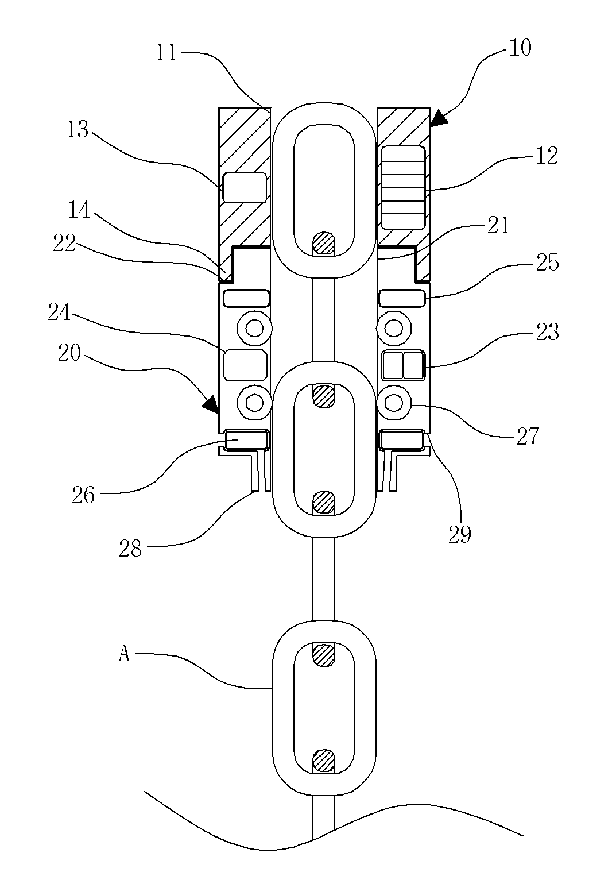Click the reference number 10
[x=520, y=48]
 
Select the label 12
[x=546, y=156]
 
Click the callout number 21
[x=498, y=225]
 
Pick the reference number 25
[x=547, y=263]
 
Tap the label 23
[x=547, y=332]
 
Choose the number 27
[x=528, y=436]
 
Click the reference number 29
[x=460, y=535]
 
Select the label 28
[x=130, y=549]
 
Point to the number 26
[x=83, y=496]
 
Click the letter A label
[x=124, y=654]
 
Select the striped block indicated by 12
[x=403, y=187]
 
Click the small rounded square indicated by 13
[x=245, y=187]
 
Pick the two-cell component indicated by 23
[x=404, y=365]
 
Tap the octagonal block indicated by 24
[x=245, y=365]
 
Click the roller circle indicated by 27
[x=394, y=403]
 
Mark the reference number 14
[x=79, y=210]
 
